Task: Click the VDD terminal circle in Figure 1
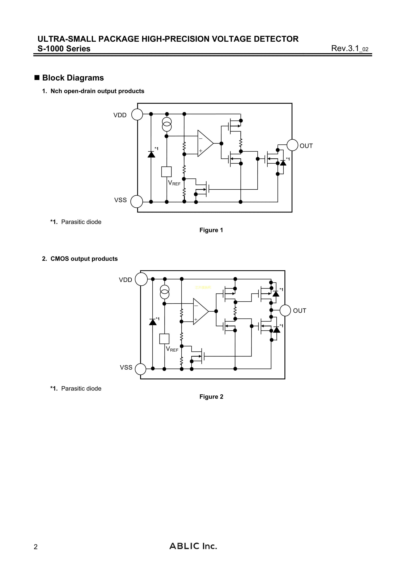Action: point(137,115)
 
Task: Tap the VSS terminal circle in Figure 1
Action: point(137,202)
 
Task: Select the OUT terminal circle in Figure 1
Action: point(292,145)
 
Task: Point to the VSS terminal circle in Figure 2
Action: point(140,369)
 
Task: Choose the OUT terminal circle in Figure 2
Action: point(285,310)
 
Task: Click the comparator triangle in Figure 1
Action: point(205,143)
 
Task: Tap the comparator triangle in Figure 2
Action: point(200,311)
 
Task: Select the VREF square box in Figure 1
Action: point(167,172)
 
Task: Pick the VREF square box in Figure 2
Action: point(164,339)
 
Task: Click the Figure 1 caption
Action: point(211,230)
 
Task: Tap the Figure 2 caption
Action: point(211,397)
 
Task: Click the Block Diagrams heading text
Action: point(73,78)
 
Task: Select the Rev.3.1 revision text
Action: point(350,48)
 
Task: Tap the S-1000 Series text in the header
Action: point(64,48)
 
